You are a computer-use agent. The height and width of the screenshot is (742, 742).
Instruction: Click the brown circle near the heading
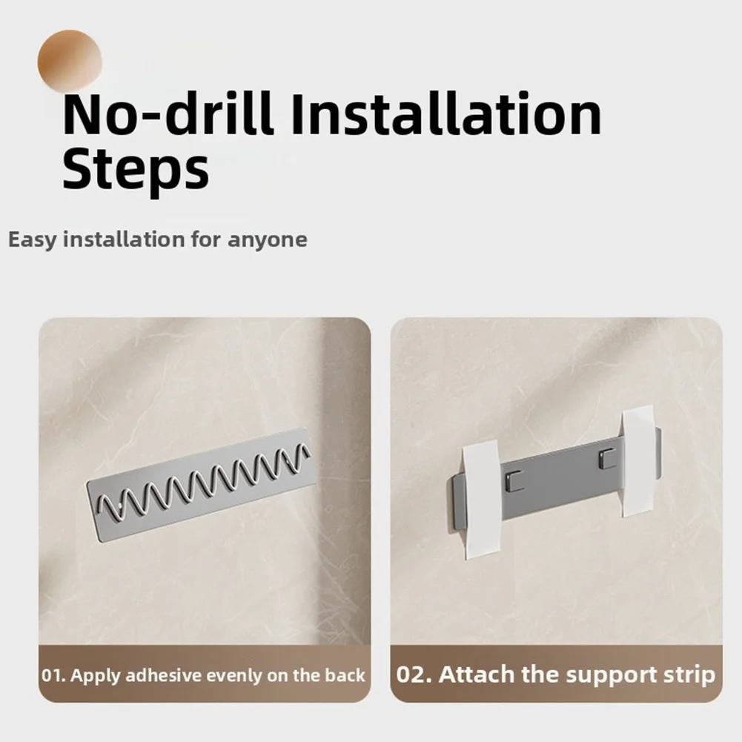[x=70, y=61]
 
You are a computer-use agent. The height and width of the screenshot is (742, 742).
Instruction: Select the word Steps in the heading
[x=136, y=170]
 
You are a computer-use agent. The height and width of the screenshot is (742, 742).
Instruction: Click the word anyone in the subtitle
[x=268, y=240]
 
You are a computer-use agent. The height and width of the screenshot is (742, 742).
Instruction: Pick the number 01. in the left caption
[x=53, y=675]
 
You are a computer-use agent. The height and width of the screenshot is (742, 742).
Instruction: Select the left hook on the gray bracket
[x=514, y=480]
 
